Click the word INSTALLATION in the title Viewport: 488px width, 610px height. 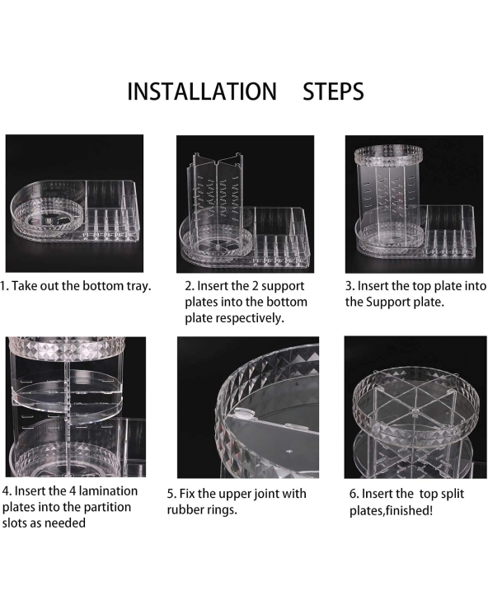coord(202,91)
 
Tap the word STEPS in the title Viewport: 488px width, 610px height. coord(333,91)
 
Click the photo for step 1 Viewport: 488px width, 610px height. coord(74,204)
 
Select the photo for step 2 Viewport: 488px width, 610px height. coord(245,204)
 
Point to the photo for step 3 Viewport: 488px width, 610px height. coord(414,204)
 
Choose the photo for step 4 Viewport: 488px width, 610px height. coord(76,407)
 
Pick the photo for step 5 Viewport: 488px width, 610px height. coord(248,407)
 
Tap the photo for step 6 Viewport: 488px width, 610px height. coord(415,407)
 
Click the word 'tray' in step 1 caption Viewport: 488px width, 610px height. coord(138,287)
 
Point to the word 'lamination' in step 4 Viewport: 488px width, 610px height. coord(108,491)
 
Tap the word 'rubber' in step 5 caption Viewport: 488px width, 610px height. coord(182,509)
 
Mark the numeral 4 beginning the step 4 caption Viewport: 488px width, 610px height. coord(5,491)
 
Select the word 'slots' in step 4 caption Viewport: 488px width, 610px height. coord(15,523)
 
